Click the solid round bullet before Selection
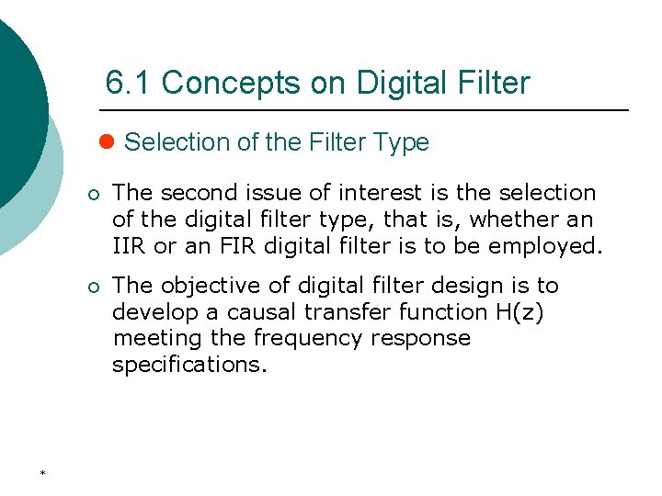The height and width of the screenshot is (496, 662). (x=106, y=142)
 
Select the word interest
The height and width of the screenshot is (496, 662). (x=378, y=193)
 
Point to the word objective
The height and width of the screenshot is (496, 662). (x=210, y=286)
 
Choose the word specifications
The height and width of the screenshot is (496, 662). (x=188, y=366)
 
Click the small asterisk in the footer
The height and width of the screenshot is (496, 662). (x=42, y=473)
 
